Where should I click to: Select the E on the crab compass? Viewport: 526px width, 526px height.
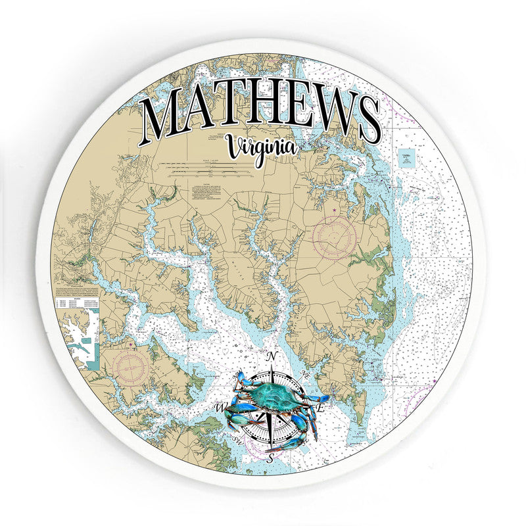[x=321, y=408]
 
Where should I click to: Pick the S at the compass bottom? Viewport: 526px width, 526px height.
[x=270, y=462]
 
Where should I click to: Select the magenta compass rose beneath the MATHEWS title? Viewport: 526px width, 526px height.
[x=334, y=236]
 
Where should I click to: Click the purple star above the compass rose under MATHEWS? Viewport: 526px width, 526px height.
[x=334, y=209]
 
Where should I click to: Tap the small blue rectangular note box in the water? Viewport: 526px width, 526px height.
[x=406, y=158]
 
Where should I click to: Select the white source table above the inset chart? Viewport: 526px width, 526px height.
[x=77, y=304]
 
